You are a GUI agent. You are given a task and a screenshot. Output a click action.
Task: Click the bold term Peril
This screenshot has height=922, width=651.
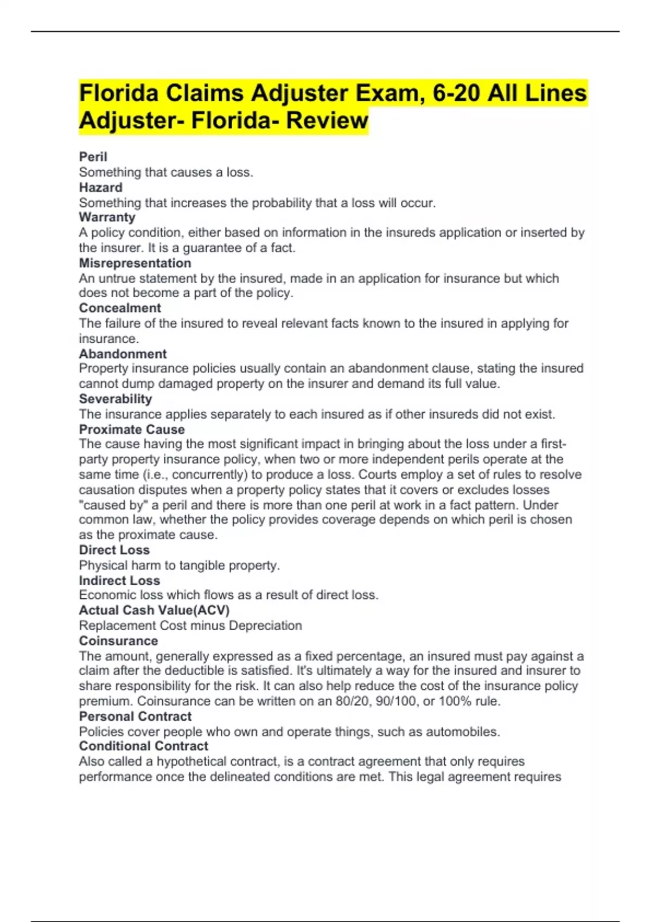[x=93, y=157]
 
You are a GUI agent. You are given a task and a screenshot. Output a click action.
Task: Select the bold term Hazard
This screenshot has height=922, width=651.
[x=100, y=188]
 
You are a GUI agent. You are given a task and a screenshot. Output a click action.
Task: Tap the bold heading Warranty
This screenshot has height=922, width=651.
[x=107, y=217]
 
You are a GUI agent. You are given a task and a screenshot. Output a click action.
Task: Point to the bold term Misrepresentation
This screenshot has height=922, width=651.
[x=135, y=263]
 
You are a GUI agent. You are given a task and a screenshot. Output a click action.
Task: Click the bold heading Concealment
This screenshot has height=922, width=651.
[x=120, y=308]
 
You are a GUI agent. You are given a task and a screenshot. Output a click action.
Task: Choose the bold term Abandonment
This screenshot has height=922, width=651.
[x=123, y=354]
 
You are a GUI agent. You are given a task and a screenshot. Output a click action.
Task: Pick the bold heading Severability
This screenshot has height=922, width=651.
[x=116, y=399]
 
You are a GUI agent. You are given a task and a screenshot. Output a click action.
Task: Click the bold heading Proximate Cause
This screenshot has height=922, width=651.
[x=132, y=430]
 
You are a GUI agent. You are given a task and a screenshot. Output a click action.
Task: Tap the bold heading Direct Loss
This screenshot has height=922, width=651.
[x=114, y=550]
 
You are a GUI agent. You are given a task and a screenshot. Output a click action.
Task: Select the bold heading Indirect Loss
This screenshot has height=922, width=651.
[x=119, y=580]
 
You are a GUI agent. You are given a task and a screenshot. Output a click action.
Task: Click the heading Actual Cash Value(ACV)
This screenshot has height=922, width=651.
[x=154, y=610]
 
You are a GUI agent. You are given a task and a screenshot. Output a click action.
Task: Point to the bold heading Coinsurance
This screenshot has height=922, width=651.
[x=118, y=641]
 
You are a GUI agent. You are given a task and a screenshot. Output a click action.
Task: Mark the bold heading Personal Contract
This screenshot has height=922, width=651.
[x=135, y=716]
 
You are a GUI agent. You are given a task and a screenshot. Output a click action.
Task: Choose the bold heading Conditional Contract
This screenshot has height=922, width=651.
[x=143, y=746]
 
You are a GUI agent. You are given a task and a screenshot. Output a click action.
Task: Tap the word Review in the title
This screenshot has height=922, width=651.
[x=327, y=120]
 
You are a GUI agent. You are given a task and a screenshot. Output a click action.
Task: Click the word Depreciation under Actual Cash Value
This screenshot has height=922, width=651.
[x=265, y=625]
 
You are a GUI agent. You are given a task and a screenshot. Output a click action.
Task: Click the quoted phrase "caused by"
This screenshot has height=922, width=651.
[x=114, y=505]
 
